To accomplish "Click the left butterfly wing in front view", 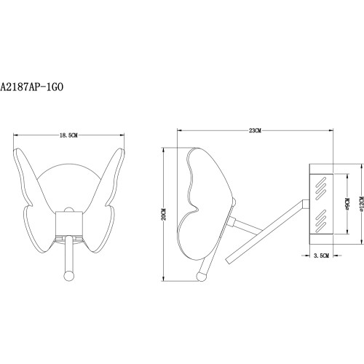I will pos(33,197).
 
